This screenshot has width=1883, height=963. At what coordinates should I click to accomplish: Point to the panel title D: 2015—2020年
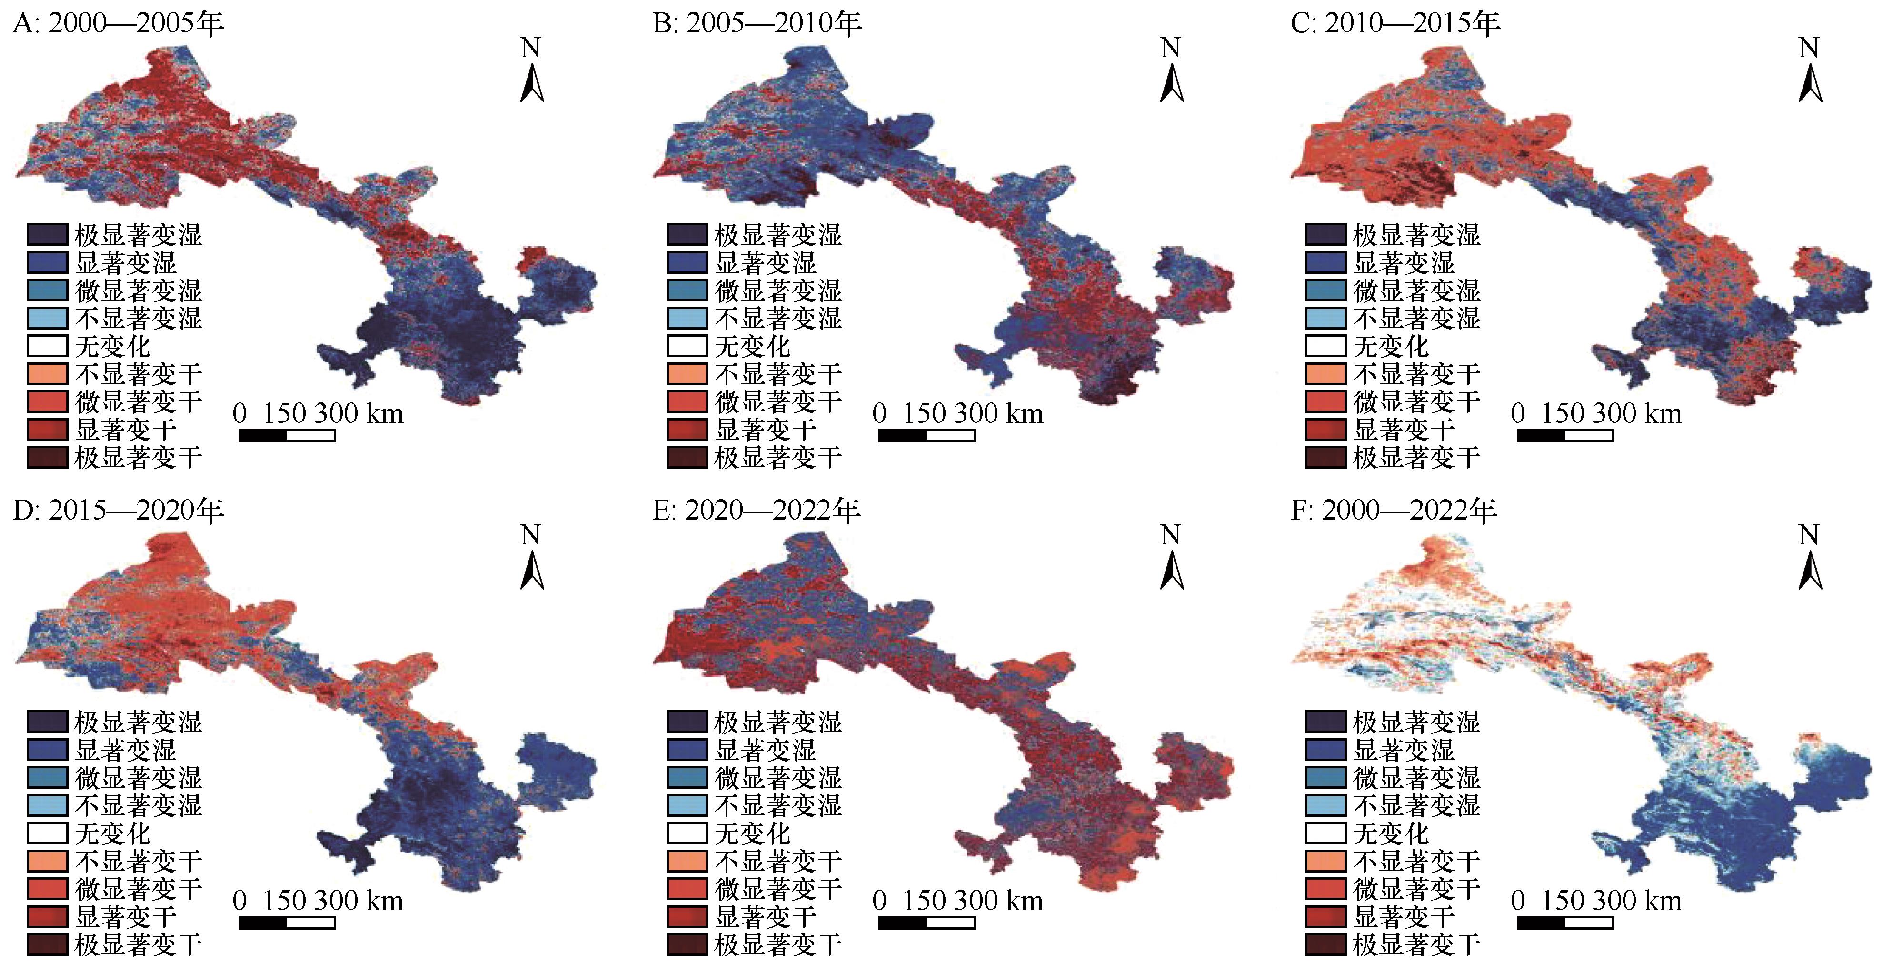pyautogui.click(x=119, y=511)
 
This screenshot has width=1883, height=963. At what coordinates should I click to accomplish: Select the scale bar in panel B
pyautogui.click(x=926, y=436)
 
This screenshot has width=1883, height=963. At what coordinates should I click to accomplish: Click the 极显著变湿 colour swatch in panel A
pyautogui.click(x=48, y=235)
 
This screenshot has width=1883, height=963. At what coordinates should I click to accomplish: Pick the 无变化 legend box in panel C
pyautogui.click(x=1325, y=346)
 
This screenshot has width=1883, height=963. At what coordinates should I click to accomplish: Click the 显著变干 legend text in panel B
pyautogui.click(x=765, y=429)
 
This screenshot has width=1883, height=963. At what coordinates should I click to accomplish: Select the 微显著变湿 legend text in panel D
pyautogui.click(x=138, y=777)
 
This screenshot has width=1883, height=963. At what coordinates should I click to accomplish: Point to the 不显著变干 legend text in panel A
pyautogui.click(x=138, y=374)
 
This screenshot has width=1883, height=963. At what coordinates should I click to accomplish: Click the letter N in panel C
pyautogui.click(x=1808, y=48)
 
